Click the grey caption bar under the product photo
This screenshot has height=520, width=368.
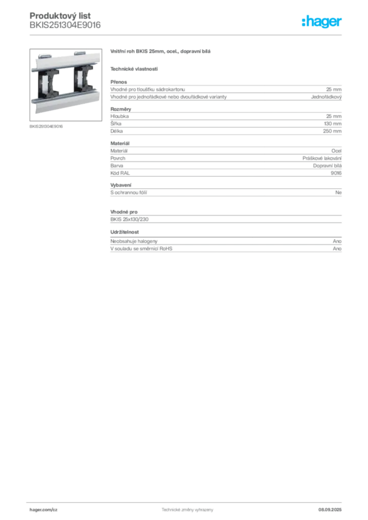(46, 126)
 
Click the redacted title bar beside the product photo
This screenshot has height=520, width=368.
(160, 53)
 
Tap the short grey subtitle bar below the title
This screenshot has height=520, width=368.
(134, 69)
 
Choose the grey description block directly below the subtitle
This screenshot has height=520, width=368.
(226, 91)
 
